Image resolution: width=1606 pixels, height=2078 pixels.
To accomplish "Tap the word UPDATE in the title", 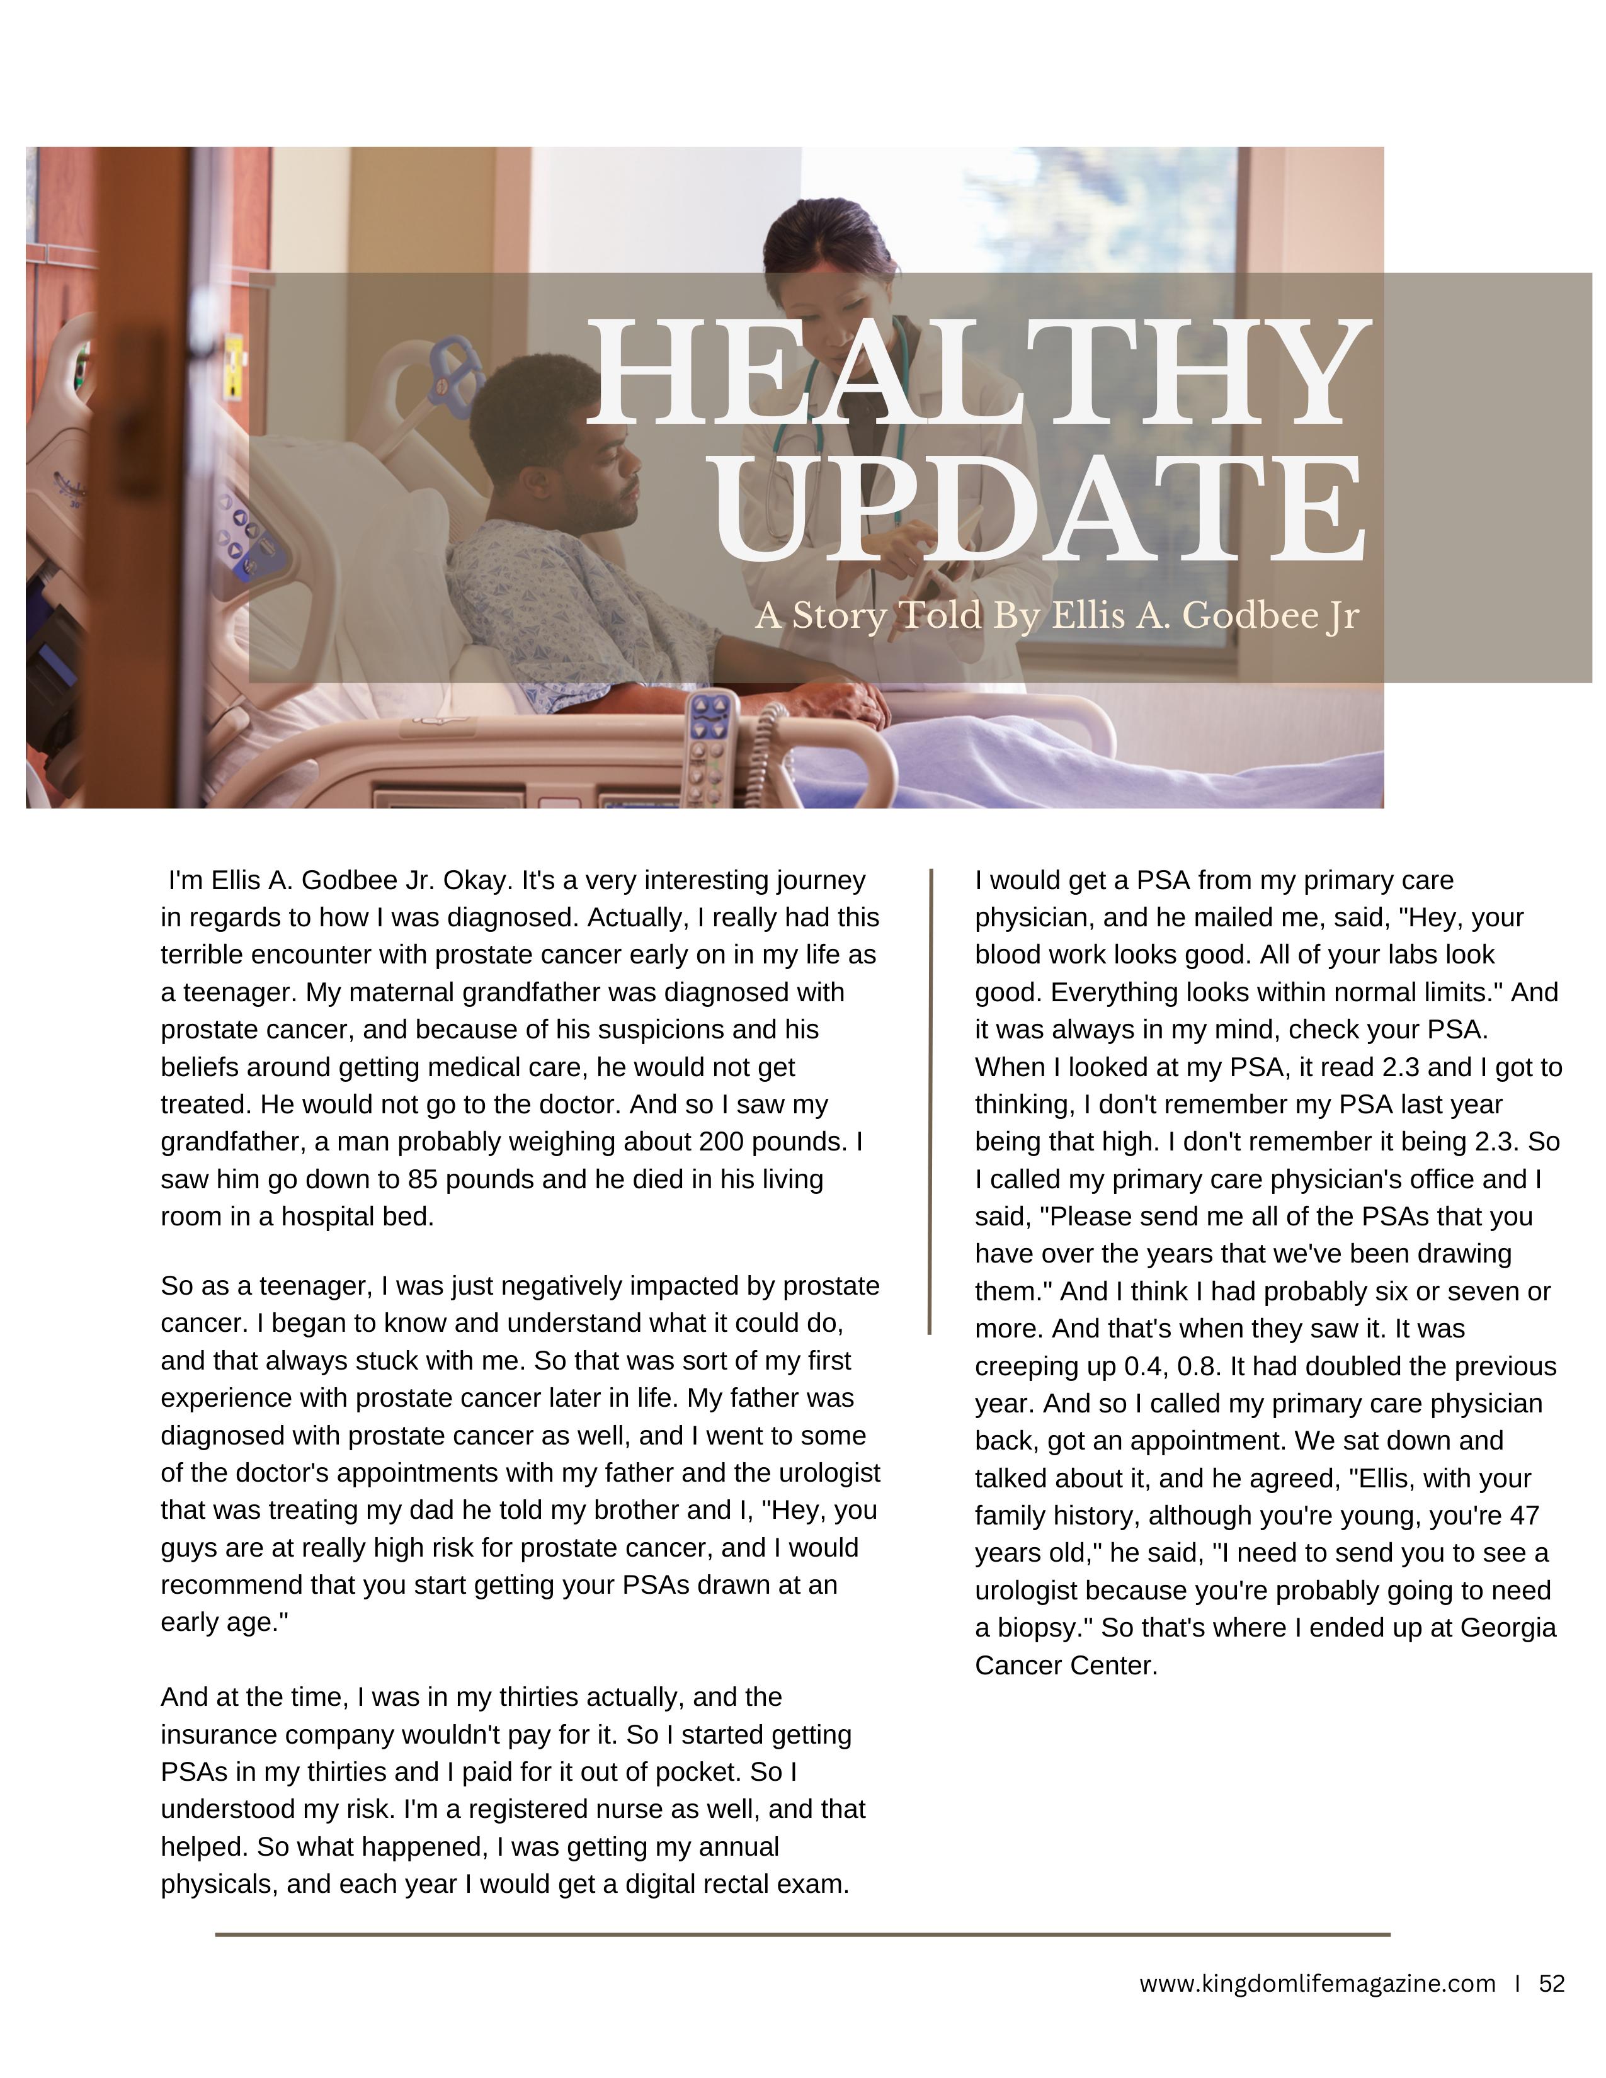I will [1037, 509].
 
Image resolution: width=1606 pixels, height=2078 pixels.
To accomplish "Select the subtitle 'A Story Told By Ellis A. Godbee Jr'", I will [1056, 616].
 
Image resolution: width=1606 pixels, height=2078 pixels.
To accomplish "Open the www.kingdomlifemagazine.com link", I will [1317, 1984].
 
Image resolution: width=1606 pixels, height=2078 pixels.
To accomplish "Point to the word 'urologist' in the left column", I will [829, 1473].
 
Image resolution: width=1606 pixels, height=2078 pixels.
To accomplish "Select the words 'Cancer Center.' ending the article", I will [1066, 1665].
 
